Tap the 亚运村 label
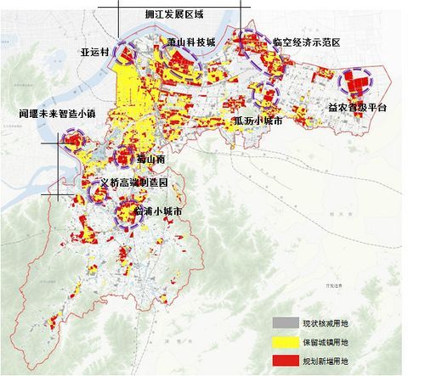coord(94,51)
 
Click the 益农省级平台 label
coord(357,108)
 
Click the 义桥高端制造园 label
coord(133,182)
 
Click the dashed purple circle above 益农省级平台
coord(355,82)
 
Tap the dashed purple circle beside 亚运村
coord(126,53)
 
